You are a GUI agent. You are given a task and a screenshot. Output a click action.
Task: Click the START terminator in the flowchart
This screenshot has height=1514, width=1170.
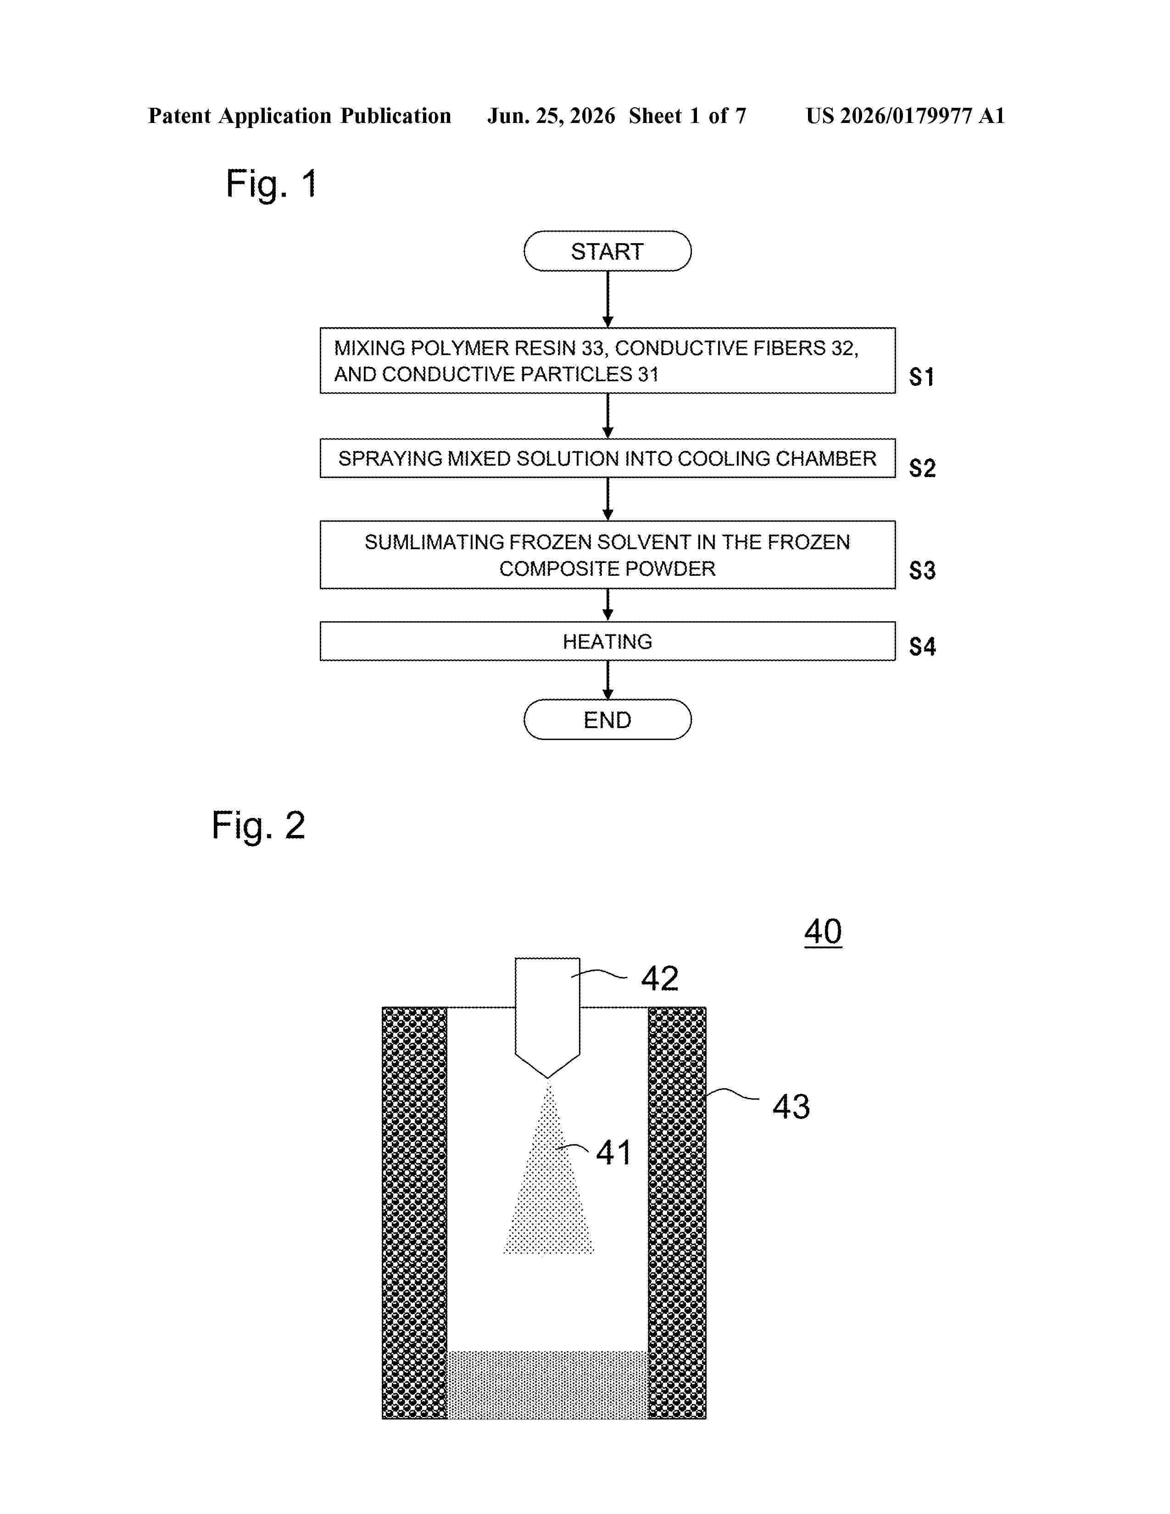[x=607, y=251]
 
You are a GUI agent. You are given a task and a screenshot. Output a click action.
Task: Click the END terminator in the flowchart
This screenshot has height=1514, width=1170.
[x=607, y=719]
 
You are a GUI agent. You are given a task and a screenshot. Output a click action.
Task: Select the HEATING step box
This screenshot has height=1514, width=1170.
[x=607, y=641]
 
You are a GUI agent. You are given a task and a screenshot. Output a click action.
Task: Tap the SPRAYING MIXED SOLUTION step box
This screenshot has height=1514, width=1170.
[x=607, y=458]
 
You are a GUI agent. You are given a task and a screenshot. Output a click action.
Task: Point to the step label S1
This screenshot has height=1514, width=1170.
[x=922, y=377]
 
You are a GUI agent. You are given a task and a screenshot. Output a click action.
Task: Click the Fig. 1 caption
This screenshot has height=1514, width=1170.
[x=272, y=185]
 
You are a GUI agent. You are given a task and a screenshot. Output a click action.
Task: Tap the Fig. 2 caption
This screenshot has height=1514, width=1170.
[x=258, y=826]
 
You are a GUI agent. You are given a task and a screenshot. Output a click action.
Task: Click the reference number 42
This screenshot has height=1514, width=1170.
[x=660, y=978]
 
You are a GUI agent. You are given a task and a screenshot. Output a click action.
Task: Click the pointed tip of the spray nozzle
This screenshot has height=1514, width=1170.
[x=547, y=1078]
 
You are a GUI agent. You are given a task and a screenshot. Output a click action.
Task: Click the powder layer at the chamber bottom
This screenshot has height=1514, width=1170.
[x=547, y=1384]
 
